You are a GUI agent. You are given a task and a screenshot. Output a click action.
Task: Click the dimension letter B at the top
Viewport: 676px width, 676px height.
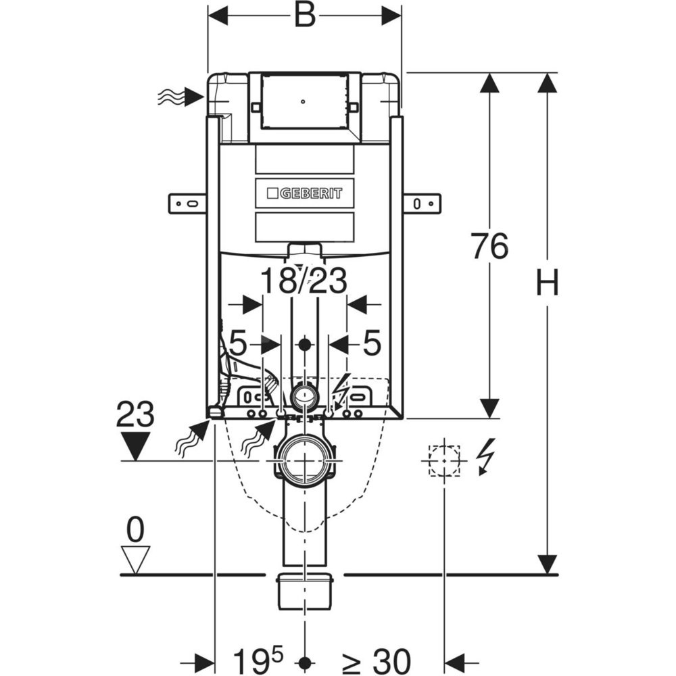[305, 16]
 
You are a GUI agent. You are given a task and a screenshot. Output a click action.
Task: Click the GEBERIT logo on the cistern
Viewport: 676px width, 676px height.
[304, 193]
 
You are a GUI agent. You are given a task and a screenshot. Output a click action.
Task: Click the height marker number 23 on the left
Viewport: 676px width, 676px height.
[135, 414]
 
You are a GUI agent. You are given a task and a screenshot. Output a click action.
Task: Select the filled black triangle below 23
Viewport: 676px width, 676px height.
[135, 447]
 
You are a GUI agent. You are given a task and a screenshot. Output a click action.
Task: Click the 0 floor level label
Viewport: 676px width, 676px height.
[136, 531]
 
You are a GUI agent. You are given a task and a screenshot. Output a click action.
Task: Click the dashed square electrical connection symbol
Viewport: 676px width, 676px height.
[444, 460]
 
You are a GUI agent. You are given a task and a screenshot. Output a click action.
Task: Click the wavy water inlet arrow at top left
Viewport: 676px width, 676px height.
[181, 97]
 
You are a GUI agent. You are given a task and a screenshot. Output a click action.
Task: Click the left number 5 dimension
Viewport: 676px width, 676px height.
[237, 343]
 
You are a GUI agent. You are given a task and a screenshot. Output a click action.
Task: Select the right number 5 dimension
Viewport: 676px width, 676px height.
[372, 343]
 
